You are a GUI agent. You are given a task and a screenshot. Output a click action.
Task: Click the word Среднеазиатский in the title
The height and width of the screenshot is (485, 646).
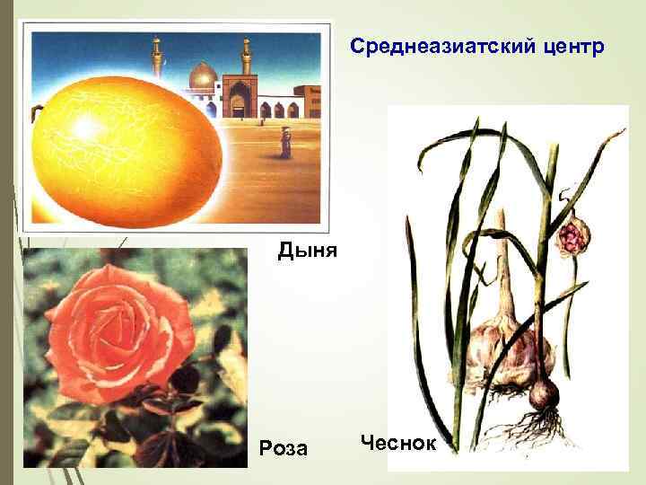click(437, 45)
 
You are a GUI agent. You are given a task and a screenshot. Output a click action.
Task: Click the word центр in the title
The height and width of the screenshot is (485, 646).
click(569, 45)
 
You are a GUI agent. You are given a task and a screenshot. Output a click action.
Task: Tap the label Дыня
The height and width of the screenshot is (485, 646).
click(307, 250)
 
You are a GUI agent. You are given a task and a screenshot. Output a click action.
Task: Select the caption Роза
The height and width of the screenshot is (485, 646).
click(282, 447)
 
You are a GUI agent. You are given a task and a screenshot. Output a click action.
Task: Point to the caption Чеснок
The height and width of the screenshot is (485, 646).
click(397, 442)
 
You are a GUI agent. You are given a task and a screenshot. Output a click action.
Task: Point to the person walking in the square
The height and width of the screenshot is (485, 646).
click(284, 142)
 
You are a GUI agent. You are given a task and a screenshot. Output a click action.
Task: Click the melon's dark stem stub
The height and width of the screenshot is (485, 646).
click(39, 113)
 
